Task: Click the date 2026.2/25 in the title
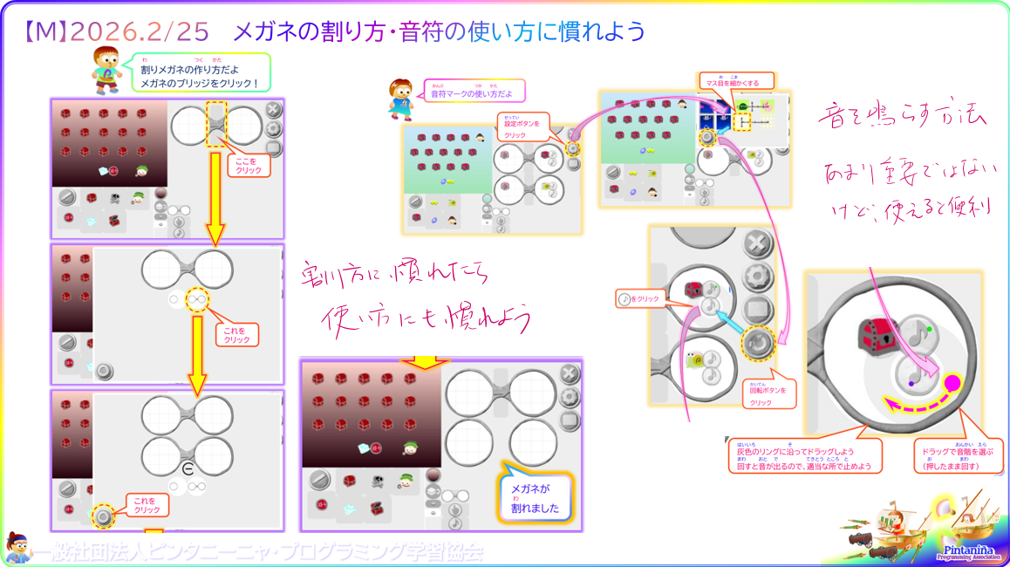[x=139, y=31]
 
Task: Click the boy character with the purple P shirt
[x=106, y=70]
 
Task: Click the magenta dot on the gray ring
[x=952, y=381]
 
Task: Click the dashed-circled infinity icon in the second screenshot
[x=198, y=300]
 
